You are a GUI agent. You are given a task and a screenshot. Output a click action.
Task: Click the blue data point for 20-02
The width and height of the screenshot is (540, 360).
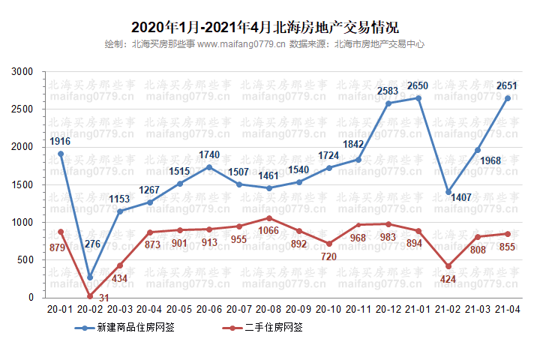point(90,277)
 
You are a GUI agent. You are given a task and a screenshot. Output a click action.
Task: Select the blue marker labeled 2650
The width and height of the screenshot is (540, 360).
point(418,98)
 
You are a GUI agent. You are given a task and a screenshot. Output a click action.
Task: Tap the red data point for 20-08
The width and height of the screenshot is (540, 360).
point(269,218)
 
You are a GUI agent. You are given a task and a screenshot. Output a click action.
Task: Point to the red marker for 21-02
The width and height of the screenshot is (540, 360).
point(448,266)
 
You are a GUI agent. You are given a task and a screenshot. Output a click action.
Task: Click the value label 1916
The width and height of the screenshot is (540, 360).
point(61,141)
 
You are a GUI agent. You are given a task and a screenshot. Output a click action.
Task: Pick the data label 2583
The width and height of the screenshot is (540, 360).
point(388,91)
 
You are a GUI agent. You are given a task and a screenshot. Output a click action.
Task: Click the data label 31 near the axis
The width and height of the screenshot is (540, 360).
point(103,298)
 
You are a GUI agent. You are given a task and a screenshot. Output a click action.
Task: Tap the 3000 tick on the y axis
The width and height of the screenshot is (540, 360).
point(24,72)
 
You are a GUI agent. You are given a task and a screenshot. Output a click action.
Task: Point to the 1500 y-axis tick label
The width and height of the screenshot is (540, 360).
point(24,184)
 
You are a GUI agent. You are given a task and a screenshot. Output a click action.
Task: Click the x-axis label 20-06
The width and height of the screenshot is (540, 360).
point(209,309)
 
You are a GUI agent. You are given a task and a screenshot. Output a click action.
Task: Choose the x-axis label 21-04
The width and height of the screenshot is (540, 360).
point(508,309)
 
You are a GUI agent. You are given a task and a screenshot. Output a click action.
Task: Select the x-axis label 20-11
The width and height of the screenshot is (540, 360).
point(358,309)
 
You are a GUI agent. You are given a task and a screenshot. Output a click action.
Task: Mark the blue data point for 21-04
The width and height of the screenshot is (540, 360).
point(508,98)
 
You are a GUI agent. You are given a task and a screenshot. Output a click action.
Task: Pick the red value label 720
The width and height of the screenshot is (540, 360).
point(330,256)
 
